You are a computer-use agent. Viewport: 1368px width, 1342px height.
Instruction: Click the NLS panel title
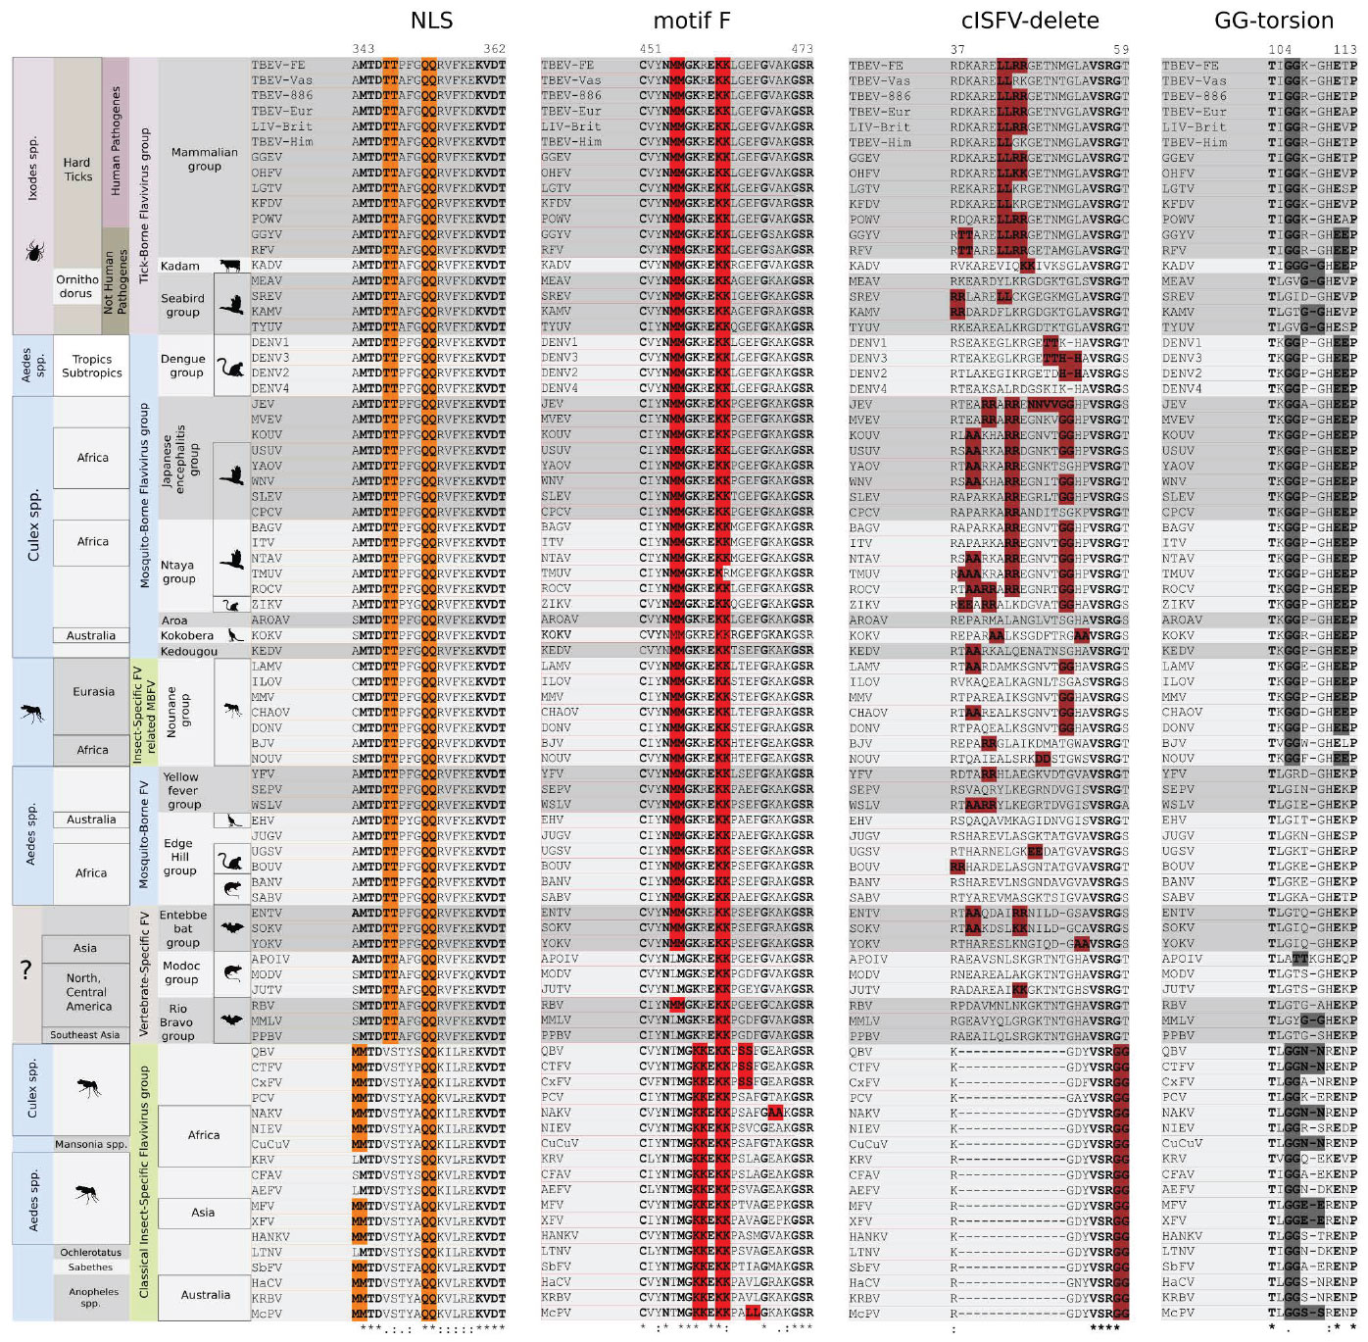click(x=431, y=21)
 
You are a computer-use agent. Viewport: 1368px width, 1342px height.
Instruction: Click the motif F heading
click(x=692, y=21)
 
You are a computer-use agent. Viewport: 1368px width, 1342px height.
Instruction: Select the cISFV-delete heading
click(x=1029, y=21)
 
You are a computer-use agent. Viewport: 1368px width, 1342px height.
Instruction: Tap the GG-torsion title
click(x=1273, y=21)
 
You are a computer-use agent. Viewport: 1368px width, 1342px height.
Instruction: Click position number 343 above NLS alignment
click(x=364, y=49)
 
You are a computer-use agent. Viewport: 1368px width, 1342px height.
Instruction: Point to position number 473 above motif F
click(x=802, y=49)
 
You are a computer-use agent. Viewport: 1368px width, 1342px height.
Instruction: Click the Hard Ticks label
click(x=77, y=170)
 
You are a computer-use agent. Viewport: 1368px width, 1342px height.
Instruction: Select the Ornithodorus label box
click(x=77, y=286)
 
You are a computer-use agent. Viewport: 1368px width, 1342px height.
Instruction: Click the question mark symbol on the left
click(x=26, y=970)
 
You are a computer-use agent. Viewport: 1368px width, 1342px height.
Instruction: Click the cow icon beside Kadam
click(x=230, y=266)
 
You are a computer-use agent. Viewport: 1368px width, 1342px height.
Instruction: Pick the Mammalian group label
click(x=204, y=159)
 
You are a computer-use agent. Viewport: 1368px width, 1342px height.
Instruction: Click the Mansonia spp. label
click(x=91, y=1144)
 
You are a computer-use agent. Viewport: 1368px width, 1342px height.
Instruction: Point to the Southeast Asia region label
click(x=85, y=1035)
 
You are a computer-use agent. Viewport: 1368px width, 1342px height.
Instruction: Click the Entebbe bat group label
click(x=182, y=928)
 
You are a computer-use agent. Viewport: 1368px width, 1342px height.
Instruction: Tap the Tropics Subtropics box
click(x=92, y=366)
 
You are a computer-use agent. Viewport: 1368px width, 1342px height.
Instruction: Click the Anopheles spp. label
click(x=93, y=1297)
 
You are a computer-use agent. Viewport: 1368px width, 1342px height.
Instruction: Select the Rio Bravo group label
click(x=177, y=1021)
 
